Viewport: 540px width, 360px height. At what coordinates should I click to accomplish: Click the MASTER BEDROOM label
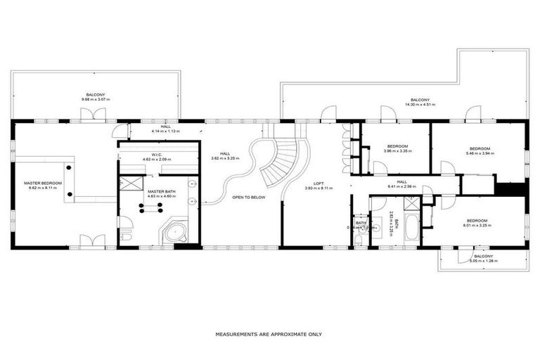click(42, 184)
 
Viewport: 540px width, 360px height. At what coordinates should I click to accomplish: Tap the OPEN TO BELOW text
click(249, 198)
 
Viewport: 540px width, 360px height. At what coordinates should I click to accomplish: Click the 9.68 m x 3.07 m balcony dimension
click(96, 99)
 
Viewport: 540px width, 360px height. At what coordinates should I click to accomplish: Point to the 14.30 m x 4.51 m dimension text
click(420, 105)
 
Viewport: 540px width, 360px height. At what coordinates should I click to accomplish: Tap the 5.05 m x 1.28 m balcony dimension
click(483, 261)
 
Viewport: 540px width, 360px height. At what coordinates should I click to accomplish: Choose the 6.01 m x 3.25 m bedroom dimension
click(477, 225)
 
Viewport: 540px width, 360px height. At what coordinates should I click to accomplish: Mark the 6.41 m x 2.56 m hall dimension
click(401, 186)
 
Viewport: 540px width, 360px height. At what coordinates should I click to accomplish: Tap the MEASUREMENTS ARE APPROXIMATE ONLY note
click(269, 335)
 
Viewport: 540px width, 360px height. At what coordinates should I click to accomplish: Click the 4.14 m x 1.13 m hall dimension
click(165, 131)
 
